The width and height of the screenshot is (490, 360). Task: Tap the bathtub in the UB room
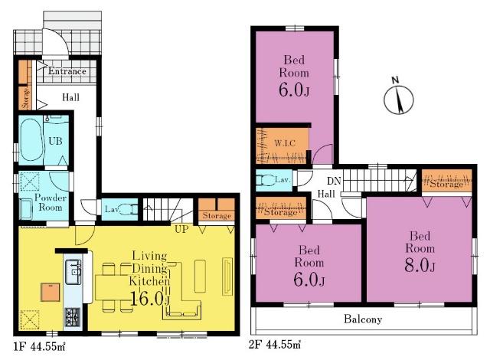(31, 140)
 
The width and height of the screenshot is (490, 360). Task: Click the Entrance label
(67, 71)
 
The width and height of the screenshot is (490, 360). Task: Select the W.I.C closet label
(285, 143)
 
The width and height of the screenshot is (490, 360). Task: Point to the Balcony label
(363, 319)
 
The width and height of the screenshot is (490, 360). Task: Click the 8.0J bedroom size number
(420, 265)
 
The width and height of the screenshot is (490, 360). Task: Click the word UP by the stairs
(181, 229)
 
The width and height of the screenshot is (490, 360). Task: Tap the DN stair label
(334, 181)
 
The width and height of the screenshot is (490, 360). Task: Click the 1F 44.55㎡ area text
(39, 346)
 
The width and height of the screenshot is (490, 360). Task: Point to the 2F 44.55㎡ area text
(275, 345)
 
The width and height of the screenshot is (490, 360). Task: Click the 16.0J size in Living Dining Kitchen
(150, 299)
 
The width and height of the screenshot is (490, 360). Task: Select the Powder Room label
(51, 202)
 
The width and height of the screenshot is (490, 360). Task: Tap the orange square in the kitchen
(51, 292)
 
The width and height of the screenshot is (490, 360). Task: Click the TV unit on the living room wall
(227, 276)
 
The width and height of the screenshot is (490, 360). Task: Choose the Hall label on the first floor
(70, 97)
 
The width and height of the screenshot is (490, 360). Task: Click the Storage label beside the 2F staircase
(446, 184)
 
